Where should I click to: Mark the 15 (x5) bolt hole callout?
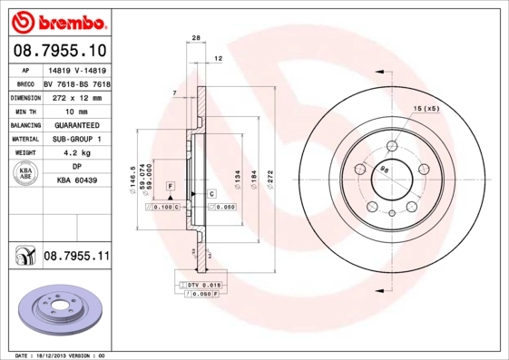pyautogui.click(x=426, y=109)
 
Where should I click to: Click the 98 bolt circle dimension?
pyautogui.click(x=385, y=170)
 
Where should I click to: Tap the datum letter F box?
pyautogui.click(x=170, y=186)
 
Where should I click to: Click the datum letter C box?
pyautogui.click(x=210, y=194)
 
